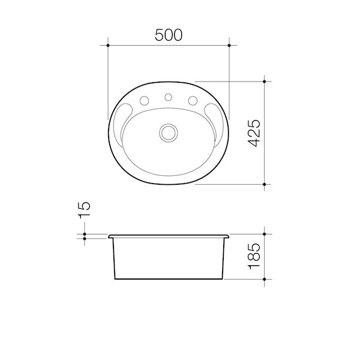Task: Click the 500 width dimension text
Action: tap(168, 35)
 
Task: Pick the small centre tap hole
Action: tap(169, 96)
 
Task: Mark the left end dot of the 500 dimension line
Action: tap(107, 45)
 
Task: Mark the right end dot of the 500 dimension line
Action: tap(229, 45)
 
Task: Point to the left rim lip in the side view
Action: tap(110, 236)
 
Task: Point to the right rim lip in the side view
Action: tap(227, 236)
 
